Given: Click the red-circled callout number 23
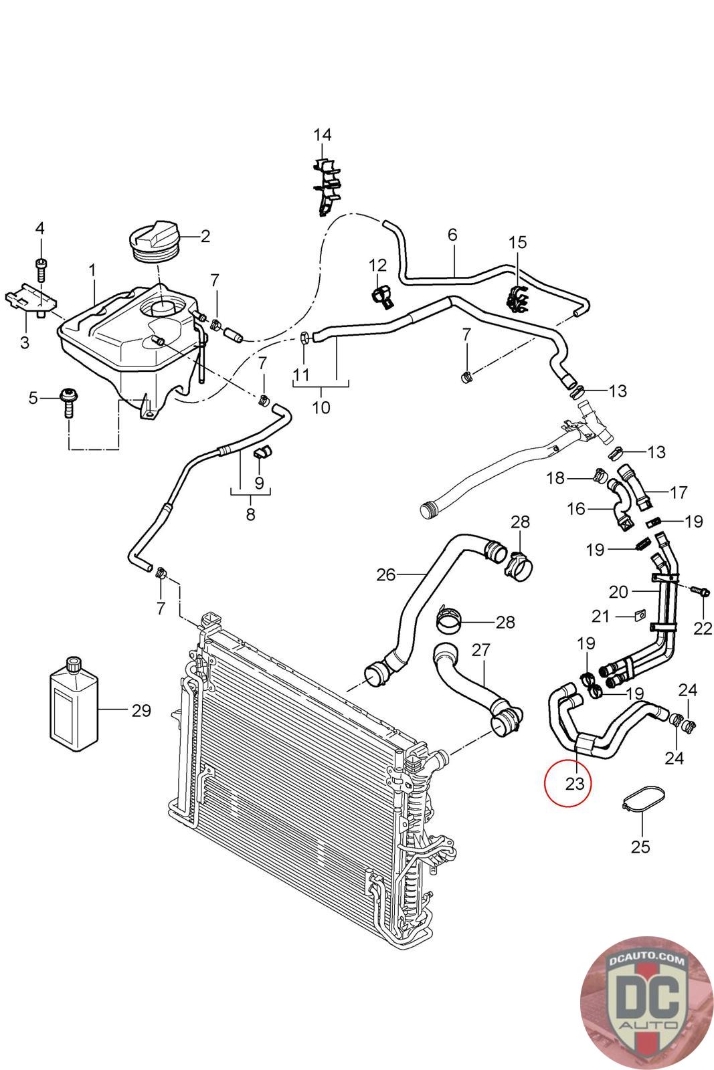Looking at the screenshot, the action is point(574,783).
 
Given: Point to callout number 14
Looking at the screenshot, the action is point(322,134).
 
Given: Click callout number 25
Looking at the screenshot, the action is point(640,847).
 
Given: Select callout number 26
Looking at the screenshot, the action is point(385,574).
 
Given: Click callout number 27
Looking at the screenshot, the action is point(480,649).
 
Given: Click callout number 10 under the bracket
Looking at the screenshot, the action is point(321,407).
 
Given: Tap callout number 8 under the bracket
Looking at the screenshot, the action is point(250,514).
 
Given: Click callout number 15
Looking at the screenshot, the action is point(517,243).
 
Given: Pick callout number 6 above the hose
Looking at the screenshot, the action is point(452,235).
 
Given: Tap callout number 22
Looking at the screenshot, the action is point(703,628).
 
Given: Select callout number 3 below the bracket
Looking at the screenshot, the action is point(24,342).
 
